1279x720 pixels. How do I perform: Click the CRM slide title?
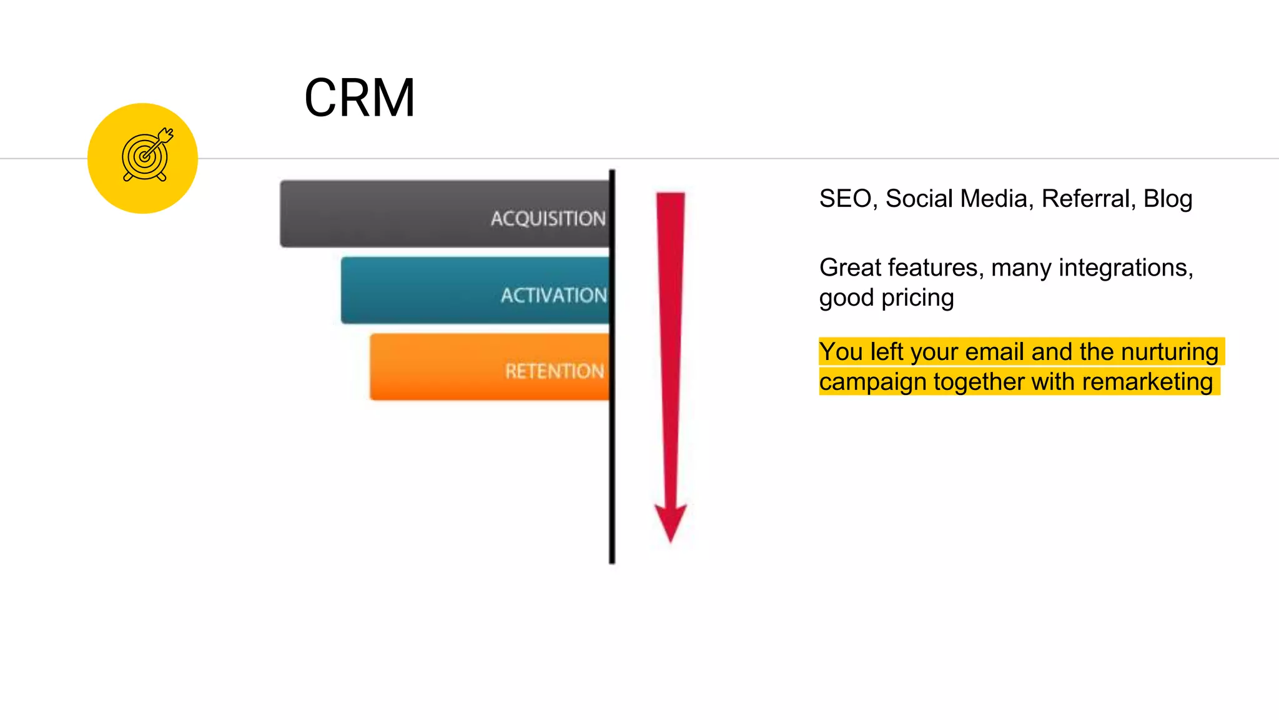pos(359,98)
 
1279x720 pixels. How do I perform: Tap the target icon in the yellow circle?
pos(146,155)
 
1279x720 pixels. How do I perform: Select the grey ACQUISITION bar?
pos(445,214)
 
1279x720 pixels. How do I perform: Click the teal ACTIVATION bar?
pos(475,291)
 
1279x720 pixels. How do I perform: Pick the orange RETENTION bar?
pos(490,367)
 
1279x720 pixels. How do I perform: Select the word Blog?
pos(1168,199)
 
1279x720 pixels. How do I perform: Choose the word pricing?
pos(917,299)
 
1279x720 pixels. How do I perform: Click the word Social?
pos(919,199)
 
